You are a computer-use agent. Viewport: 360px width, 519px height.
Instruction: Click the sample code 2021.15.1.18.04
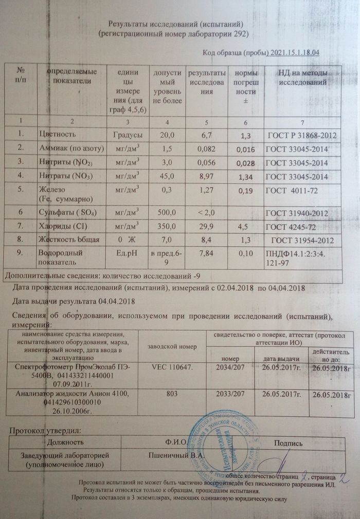click(x=295, y=52)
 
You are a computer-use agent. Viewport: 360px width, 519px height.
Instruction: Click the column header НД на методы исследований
click(x=302, y=77)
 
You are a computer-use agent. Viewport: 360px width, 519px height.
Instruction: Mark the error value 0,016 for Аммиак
click(x=244, y=150)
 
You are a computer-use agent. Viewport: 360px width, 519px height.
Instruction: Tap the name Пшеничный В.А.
click(x=176, y=455)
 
